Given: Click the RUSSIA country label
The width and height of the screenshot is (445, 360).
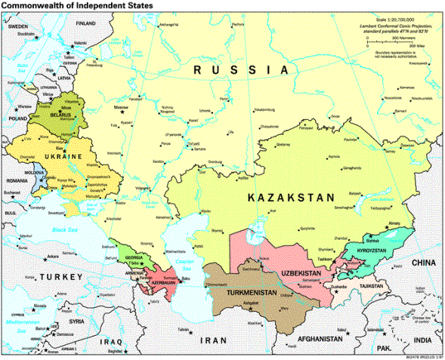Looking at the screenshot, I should (x=241, y=69).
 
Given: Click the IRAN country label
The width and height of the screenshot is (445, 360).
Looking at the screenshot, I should (x=213, y=340).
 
